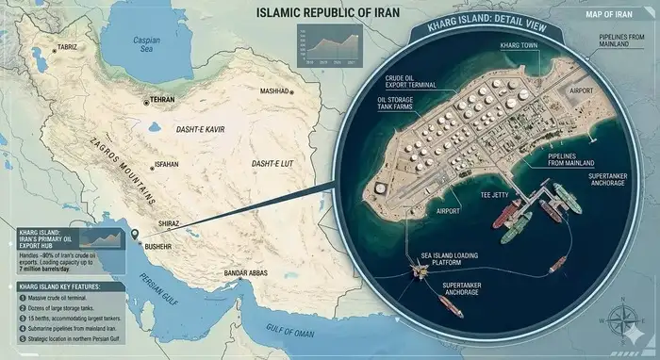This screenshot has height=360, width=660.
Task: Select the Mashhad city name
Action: point(281,91)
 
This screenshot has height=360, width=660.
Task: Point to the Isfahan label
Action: point(164,164)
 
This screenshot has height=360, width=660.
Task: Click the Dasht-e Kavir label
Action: point(200,128)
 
